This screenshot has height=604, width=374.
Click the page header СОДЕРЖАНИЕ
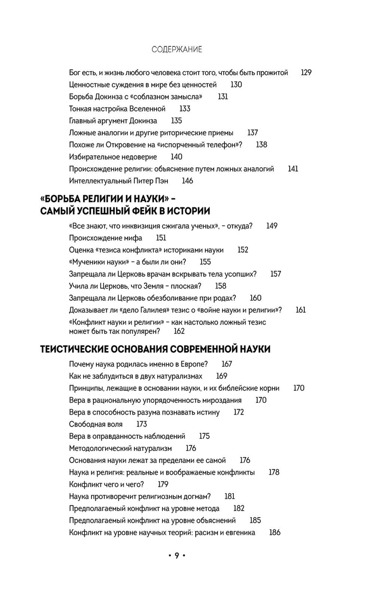tap(177, 49)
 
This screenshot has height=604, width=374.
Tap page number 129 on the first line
tap(306, 73)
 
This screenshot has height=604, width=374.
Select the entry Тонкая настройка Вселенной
tap(117, 109)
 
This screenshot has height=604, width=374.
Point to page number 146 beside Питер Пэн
tap(187, 181)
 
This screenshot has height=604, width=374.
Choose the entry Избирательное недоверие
tap(113, 157)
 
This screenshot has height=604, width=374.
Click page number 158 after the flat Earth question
tap(221, 286)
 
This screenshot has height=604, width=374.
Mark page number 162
tap(179, 331)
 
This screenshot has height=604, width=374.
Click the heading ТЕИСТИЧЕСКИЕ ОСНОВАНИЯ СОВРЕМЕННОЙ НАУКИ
tap(155, 349)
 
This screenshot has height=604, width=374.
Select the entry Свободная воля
tap(96, 424)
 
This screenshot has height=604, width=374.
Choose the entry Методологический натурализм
tap(120, 448)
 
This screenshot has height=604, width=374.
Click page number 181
tap(230, 496)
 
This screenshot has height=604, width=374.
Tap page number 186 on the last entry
tap(275, 533)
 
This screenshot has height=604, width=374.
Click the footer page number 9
tap(177, 556)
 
